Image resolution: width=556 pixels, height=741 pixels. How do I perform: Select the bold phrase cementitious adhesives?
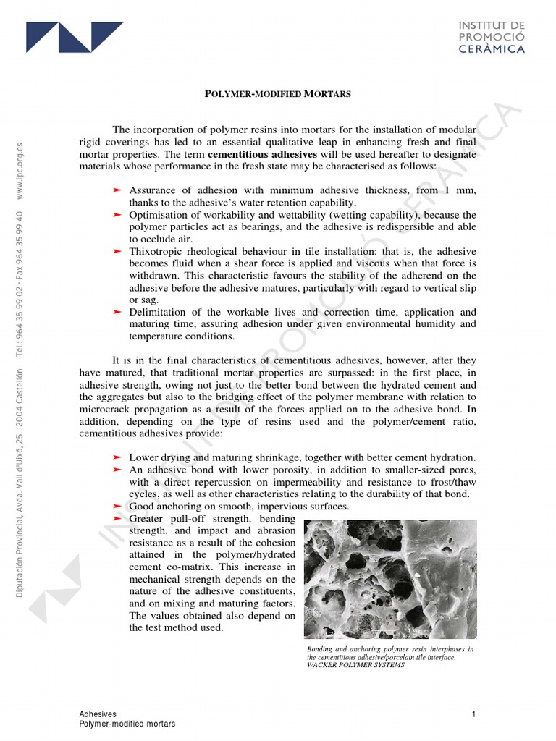(x=262, y=154)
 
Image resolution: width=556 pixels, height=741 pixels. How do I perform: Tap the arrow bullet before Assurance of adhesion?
(x=117, y=190)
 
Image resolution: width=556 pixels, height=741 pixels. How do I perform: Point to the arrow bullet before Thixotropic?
(x=117, y=251)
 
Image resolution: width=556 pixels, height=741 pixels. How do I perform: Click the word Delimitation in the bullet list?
(x=159, y=312)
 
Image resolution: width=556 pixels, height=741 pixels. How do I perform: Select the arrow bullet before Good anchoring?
(x=117, y=507)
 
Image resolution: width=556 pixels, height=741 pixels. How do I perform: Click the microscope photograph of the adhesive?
(x=390, y=580)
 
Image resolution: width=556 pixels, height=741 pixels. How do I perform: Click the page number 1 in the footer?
(x=473, y=714)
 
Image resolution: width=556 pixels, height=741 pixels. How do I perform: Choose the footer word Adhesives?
(x=98, y=714)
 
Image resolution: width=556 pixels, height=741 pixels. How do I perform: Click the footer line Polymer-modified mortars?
(x=127, y=724)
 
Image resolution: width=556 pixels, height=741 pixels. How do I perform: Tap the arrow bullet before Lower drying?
(x=117, y=458)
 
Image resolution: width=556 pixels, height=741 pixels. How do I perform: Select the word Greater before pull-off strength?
(x=147, y=519)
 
